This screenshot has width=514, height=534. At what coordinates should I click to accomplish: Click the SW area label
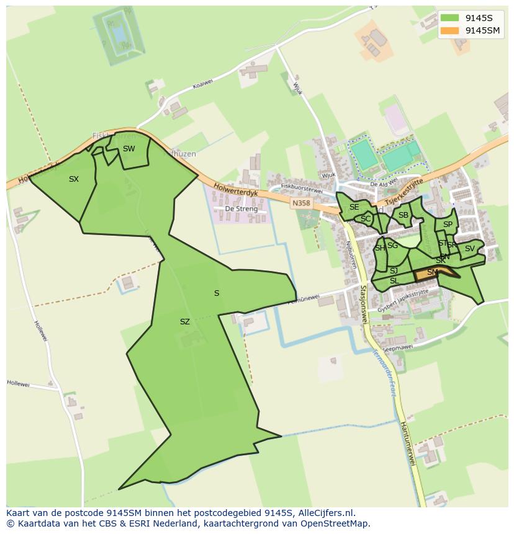click(128, 149)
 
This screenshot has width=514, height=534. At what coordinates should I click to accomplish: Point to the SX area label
click(74, 179)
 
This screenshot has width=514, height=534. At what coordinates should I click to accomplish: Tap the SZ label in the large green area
click(184, 322)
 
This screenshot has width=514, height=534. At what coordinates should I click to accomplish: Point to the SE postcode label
click(354, 207)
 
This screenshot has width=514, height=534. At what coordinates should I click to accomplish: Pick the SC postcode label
click(366, 218)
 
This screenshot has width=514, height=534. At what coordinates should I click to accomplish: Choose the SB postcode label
click(404, 215)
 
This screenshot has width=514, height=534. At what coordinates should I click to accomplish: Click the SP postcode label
click(448, 225)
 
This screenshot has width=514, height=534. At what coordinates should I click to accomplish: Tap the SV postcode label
click(469, 249)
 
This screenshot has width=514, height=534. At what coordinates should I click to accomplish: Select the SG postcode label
click(392, 246)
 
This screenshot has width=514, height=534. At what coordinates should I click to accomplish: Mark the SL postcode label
click(394, 281)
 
